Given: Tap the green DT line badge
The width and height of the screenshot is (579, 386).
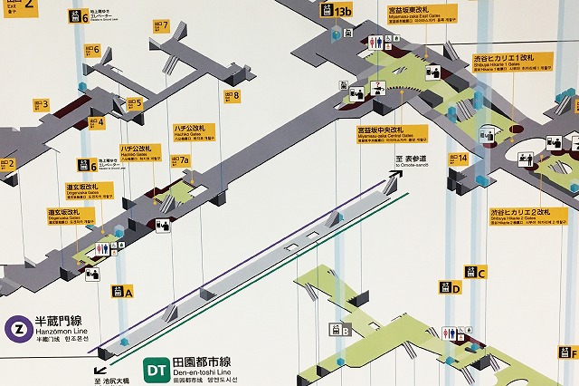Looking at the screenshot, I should [156, 370].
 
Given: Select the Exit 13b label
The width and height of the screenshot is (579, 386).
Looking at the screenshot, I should [337, 12].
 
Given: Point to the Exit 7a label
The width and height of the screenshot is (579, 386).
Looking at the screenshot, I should [180, 161].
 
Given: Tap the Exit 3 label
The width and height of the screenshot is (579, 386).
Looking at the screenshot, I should [39, 105].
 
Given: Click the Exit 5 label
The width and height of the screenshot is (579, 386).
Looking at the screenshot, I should [134, 103].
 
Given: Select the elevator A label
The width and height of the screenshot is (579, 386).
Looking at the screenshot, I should [122, 292].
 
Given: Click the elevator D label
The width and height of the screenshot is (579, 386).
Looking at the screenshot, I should [450, 288].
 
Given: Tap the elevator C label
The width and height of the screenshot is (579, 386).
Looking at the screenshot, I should [476, 272].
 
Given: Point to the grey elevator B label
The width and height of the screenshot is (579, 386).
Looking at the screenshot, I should [341, 331].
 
